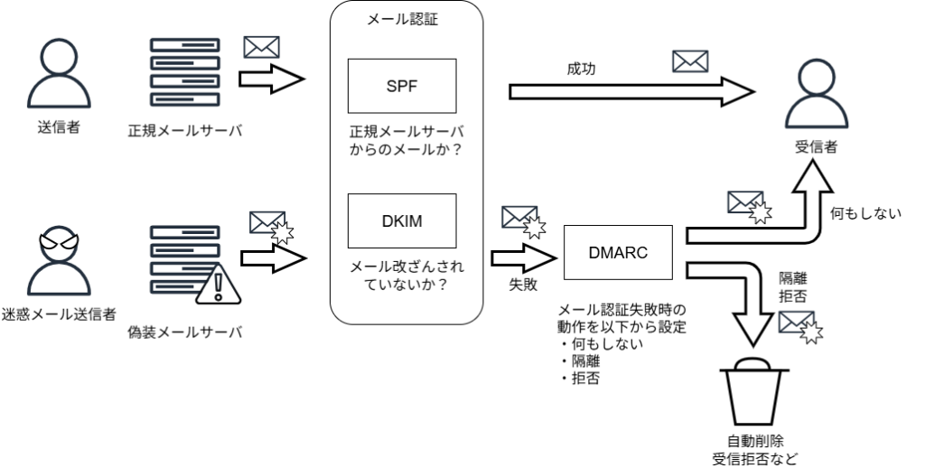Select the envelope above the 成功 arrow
coord(691,61)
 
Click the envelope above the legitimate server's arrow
coord(261,46)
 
